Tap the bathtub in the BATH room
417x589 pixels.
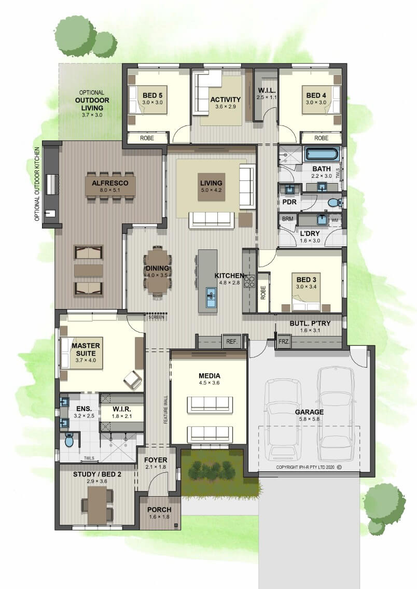coord(322,155)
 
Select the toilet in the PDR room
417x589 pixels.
coord(333,203)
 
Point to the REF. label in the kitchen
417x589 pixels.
coord(232,342)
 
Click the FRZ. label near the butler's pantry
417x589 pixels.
coord(284,342)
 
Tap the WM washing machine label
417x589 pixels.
coord(335,220)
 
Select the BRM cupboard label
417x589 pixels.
coord(287,219)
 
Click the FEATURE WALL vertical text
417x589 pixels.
coord(165,410)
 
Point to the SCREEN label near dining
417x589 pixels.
coord(156,317)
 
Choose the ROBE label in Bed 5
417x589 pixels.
coord(147,138)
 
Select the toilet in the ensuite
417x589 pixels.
coord(69,440)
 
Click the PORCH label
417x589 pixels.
coord(159,510)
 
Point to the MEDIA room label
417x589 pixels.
coord(209,375)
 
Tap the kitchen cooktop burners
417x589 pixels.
coord(249,281)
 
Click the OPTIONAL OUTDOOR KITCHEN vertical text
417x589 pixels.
coord(37,184)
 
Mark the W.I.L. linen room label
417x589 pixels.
coord(267,91)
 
